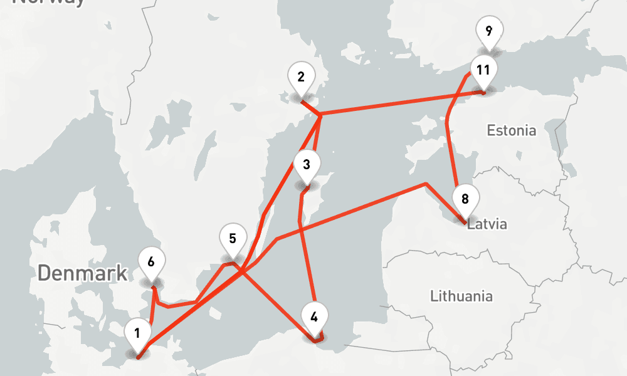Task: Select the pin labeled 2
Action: pyautogui.click(x=301, y=78)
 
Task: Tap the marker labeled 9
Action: pyautogui.click(x=488, y=31)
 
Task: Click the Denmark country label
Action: pyautogui.click(x=82, y=273)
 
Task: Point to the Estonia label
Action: pyautogui.click(x=512, y=130)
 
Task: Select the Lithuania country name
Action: pyautogui.click(x=461, y=296)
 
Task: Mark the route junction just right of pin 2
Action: pyautogui.click(x=320, y=115)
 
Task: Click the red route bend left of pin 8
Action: pyautogui.click(x=426, y=184)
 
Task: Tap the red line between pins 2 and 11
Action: pyautogui.click(x=401, y=104)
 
